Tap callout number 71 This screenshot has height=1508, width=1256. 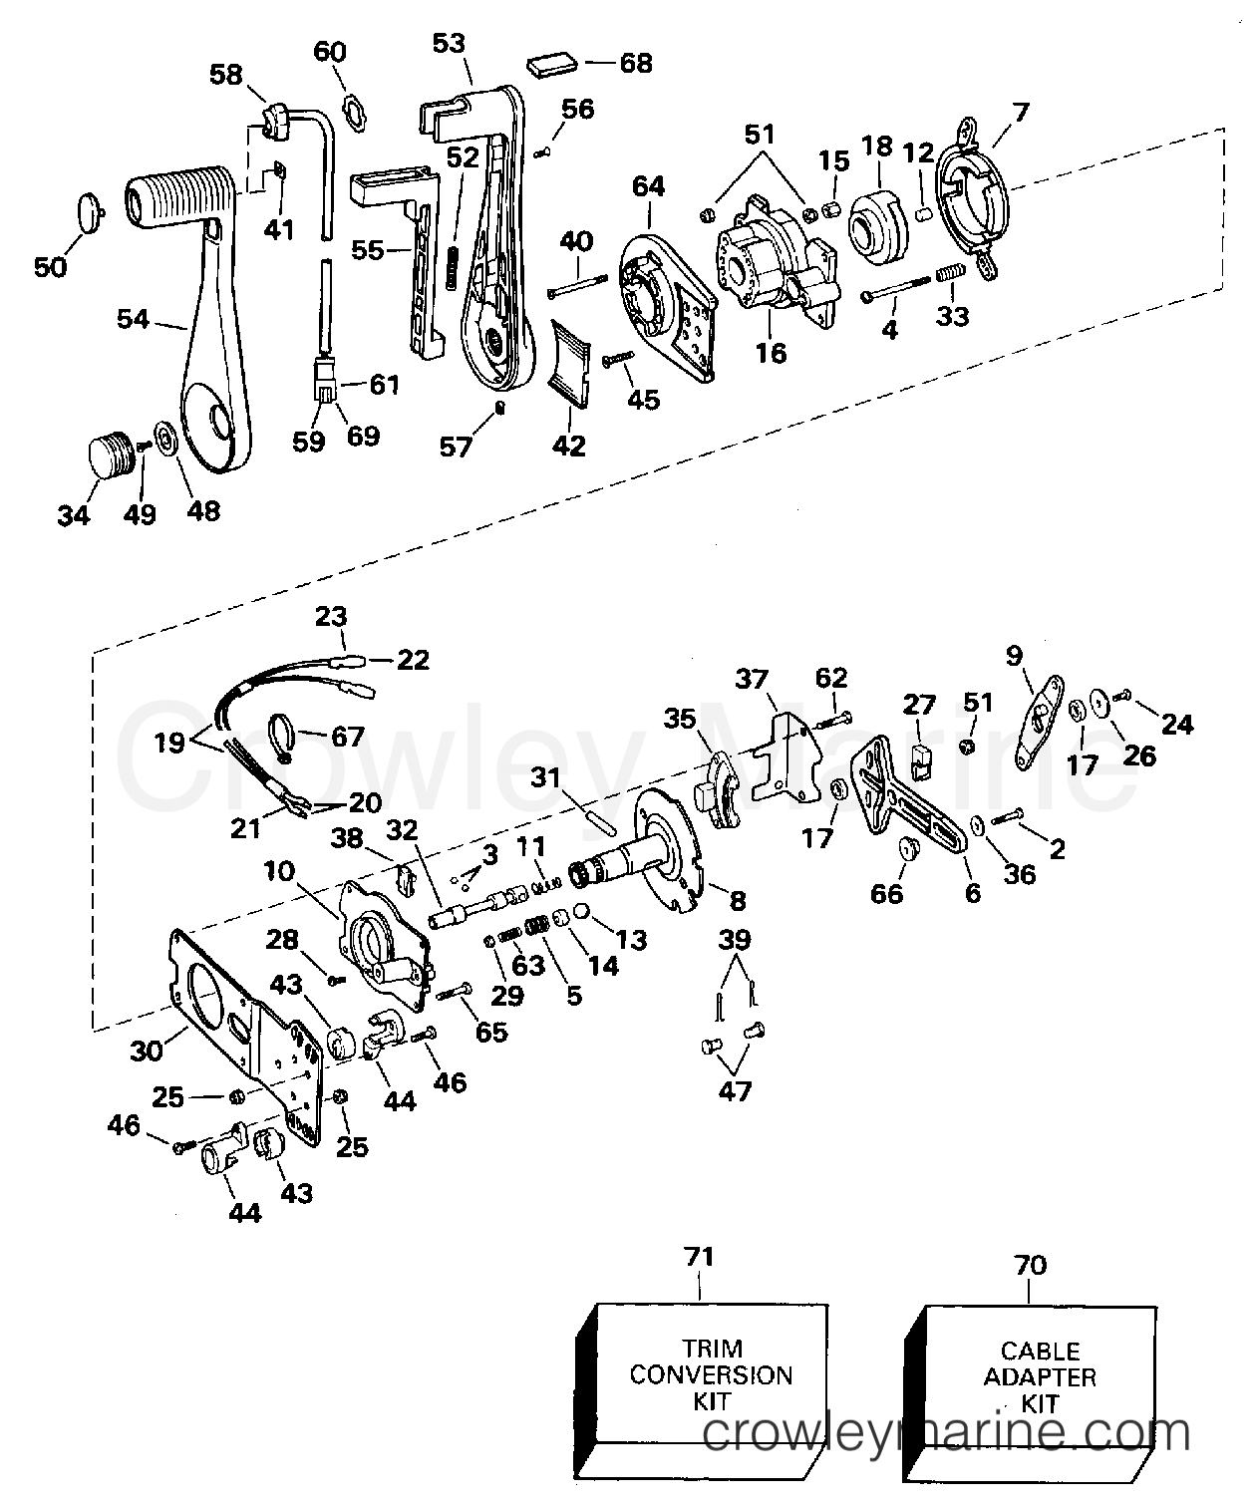[699, 1257]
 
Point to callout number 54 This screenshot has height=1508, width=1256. [133, 319]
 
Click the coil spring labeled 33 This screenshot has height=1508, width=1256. [951, 274]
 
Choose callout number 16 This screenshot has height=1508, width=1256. [771, 353]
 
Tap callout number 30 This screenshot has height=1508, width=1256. [146, 1051]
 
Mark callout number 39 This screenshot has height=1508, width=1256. [735, 939]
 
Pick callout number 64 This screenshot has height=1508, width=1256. [648, 186]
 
